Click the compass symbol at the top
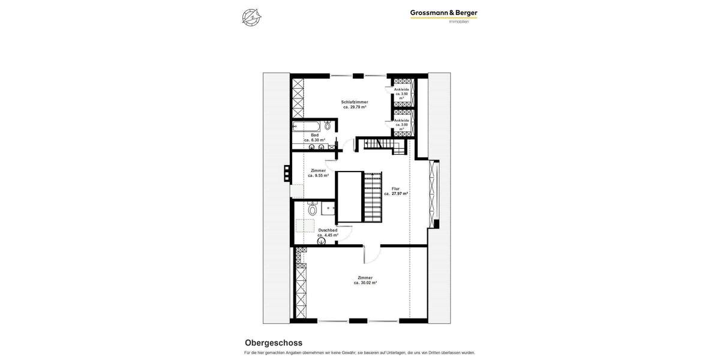coord(251,17)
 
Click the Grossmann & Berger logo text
coord(443,13)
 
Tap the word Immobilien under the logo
coord(459,22)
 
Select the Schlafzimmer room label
coord(355,102)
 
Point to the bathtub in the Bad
coord(307,126)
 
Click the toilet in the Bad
coord(328,125)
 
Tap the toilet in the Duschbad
coord(312,209)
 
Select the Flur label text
coord(395,188)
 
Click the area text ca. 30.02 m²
coord(365,283)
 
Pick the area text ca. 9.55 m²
coord(318,176)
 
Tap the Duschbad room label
coord(328,230)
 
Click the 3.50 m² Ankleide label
coord(401,94)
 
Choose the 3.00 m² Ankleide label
coord(401,124)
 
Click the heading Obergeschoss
coord(274,343)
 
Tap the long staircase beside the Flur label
coord(373,197)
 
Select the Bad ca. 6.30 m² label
coord(314,137)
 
